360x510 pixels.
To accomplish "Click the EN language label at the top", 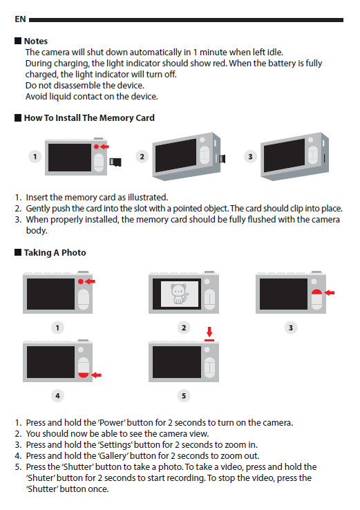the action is pyautogui.click(x=20, y=19).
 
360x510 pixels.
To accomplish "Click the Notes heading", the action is pyautogui.click(x=36, y=41).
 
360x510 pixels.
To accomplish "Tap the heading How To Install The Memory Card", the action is pyautogui.click(x=89, y=117).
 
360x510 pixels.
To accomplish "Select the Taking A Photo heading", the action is pyautogui.click(x=55, y=252).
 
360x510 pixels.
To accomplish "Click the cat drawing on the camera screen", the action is pyautogui.click(x=180, y=294).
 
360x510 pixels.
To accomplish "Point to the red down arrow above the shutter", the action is pyautogui.click(x=209, y=332).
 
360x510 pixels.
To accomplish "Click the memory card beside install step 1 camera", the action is pyautogui.click(x=115, y=162).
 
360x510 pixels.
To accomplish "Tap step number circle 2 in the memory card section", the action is pyautogui.click(x=142, y=156).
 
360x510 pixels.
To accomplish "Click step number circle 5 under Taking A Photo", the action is pyautogui.click(x=184, y=395).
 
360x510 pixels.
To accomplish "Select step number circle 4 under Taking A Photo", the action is pyautogui.click(x=57, y=395).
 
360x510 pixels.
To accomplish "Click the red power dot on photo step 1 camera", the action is pyautogui.click(x=81, y=281).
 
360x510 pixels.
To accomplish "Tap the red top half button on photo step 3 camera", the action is pyautogui.click(x=316, y=292).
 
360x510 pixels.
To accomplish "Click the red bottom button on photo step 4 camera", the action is pyautogui.click(x=84, y=375).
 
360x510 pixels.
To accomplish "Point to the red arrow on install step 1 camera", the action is pyautogui.click(x=104, y=147).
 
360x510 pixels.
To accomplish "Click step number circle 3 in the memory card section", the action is pyautogui.click(x=250, y=156).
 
